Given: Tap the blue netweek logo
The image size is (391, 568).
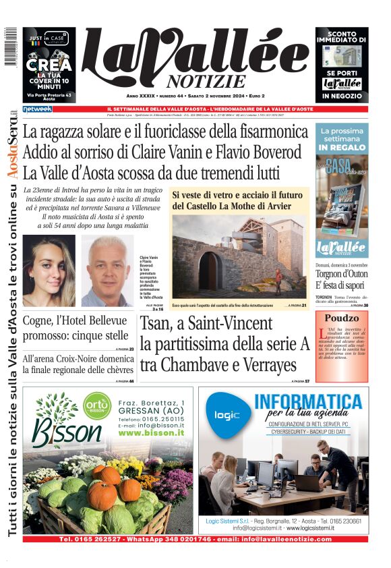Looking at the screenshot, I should tap(37, 109).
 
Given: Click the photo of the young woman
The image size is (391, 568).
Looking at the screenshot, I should tap(49, 271).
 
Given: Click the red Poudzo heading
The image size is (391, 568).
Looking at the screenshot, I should tap(342, 318).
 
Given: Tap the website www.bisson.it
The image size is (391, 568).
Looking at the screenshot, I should tap(152, 433).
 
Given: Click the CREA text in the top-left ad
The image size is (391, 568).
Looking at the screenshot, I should tap(49, 65).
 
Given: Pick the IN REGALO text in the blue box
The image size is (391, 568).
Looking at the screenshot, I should tap(342, 146).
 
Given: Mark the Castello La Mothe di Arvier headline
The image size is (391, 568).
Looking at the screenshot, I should tap(231, 199).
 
